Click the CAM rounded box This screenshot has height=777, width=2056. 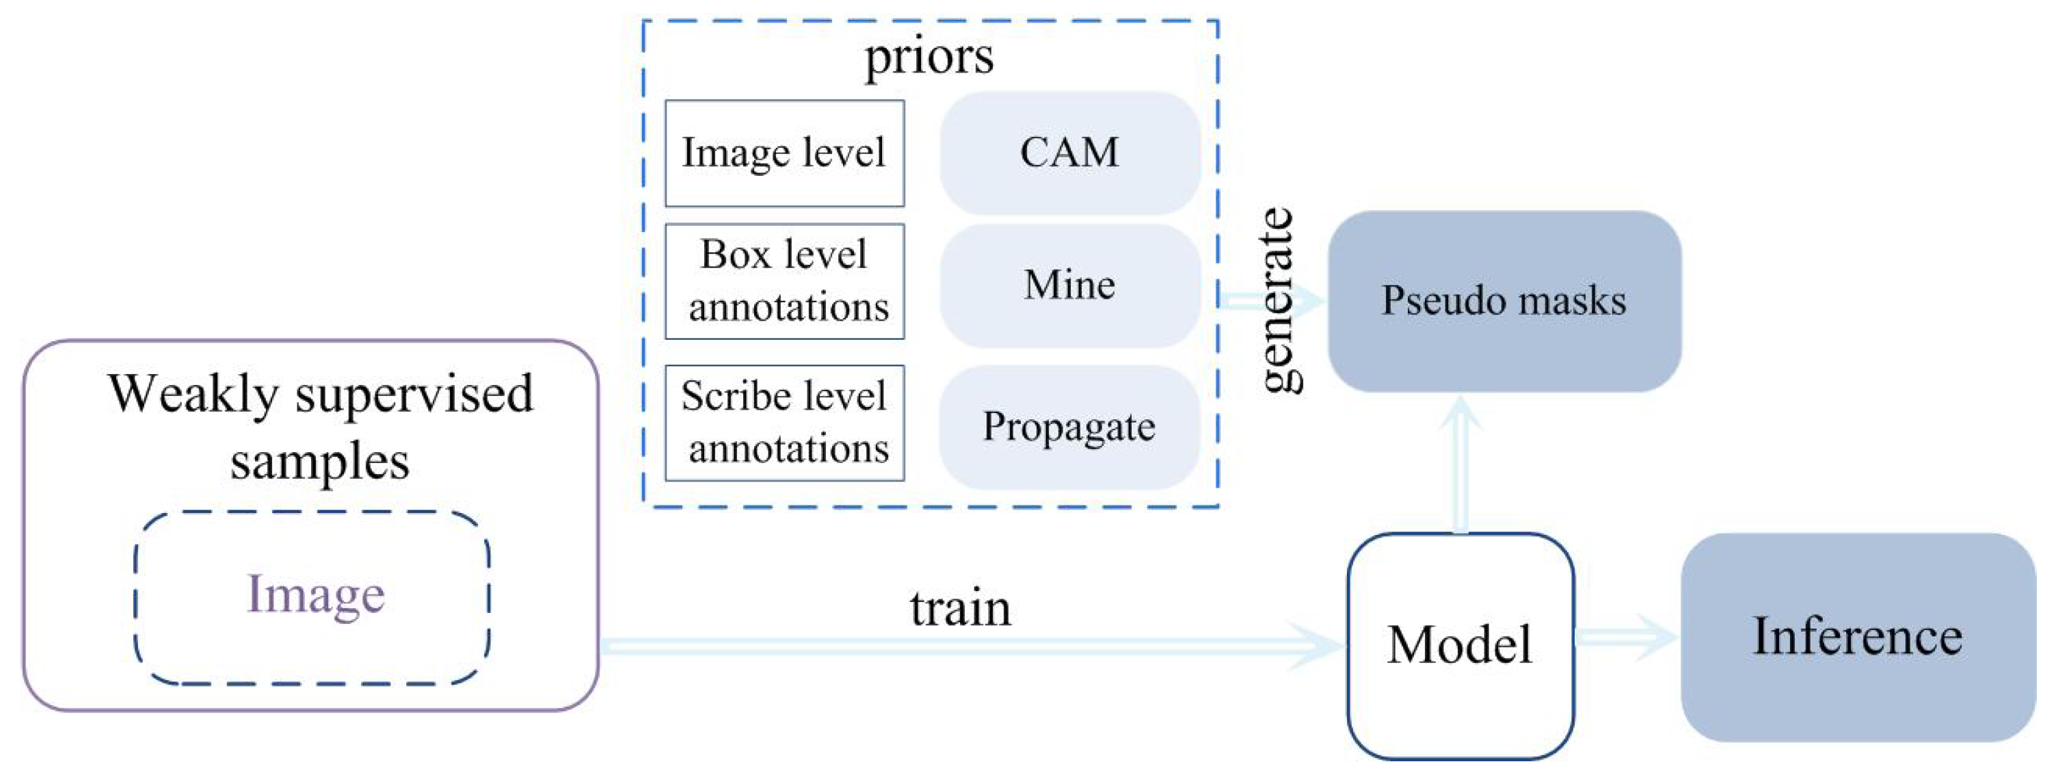pos(1069,152)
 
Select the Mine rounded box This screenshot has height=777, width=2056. pos(1069,285)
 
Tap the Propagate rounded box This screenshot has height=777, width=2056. pos(1069,426)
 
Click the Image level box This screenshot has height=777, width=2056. pos(784,153)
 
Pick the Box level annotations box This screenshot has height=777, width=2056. pos(784,281)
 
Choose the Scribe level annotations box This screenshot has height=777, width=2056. pos(784,423)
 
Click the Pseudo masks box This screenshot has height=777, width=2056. pos(1504,301)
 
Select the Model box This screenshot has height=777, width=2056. pos(1460,645)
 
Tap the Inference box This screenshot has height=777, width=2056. pos(1857,637)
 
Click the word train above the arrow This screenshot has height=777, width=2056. pos(960,609)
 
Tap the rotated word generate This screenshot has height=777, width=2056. pos(1278,300)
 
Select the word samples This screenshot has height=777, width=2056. pos(319,462)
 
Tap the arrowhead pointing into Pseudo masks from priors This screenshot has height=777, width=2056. pos(1309,301)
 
